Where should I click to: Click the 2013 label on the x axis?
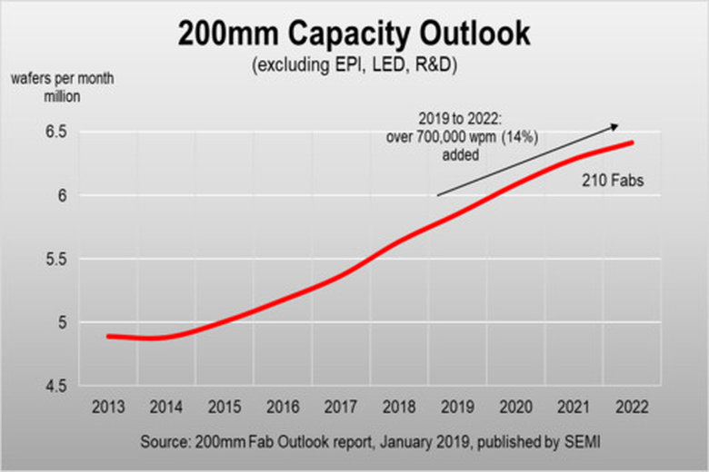pyautogui.click(x=109, y=406)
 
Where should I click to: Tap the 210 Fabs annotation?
pyautogui.click(x=612, y=182)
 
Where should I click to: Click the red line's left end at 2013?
pyautogui.click(x=109, y=336)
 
